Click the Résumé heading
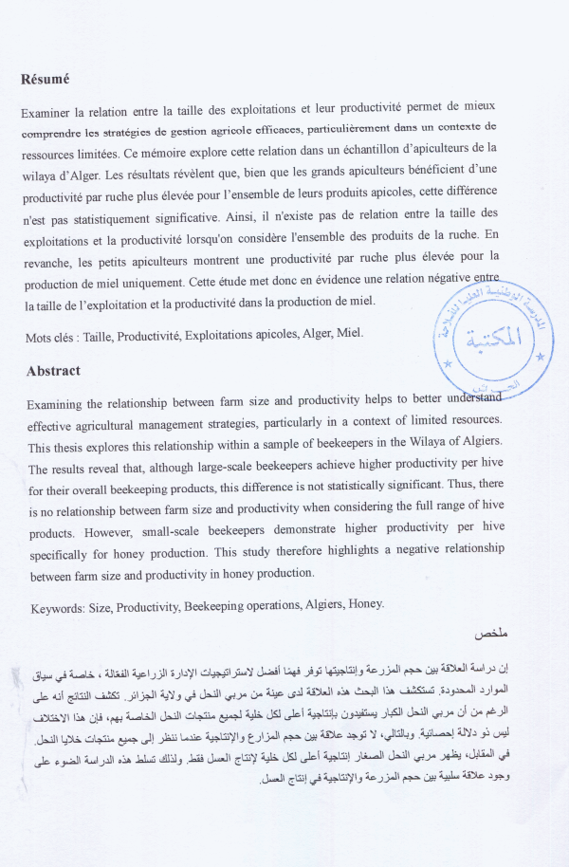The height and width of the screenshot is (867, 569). coord(45,79)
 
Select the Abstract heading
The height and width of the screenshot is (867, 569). coord(53,371)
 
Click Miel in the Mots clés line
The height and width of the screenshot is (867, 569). coord(347,334)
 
